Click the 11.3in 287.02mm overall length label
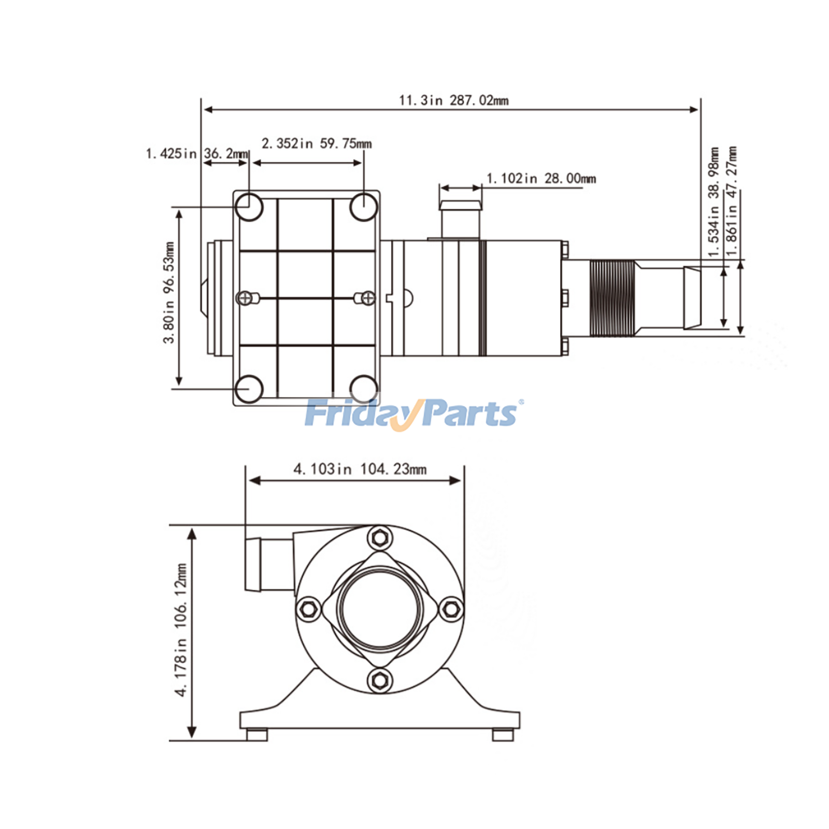[x=453, y=100]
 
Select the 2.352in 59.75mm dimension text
[x=316, y=144]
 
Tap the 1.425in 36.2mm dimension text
[x=197, y=153]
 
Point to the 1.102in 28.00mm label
[x=541, y=179]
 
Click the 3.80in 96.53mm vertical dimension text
[x=169, y=292]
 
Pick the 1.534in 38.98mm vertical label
[x=714, y=202]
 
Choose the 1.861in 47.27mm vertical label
[x=732, y=202]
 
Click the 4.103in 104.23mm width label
[x=360, y=469]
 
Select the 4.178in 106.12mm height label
[x=180, y=630]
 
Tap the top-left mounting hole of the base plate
[x=249, y=206]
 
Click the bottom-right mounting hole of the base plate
[x=364, y=389]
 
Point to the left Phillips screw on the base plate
[x=245, y=298]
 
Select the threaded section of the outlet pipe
[x=611, y=298]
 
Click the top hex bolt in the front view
[x=380, y=537]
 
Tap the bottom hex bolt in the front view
[x=380, y=679]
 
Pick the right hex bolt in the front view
[x=451, y=608]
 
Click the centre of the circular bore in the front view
[x=379, y=608]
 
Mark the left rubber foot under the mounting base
[x=256, y=734]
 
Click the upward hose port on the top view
[x=461, y=218]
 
